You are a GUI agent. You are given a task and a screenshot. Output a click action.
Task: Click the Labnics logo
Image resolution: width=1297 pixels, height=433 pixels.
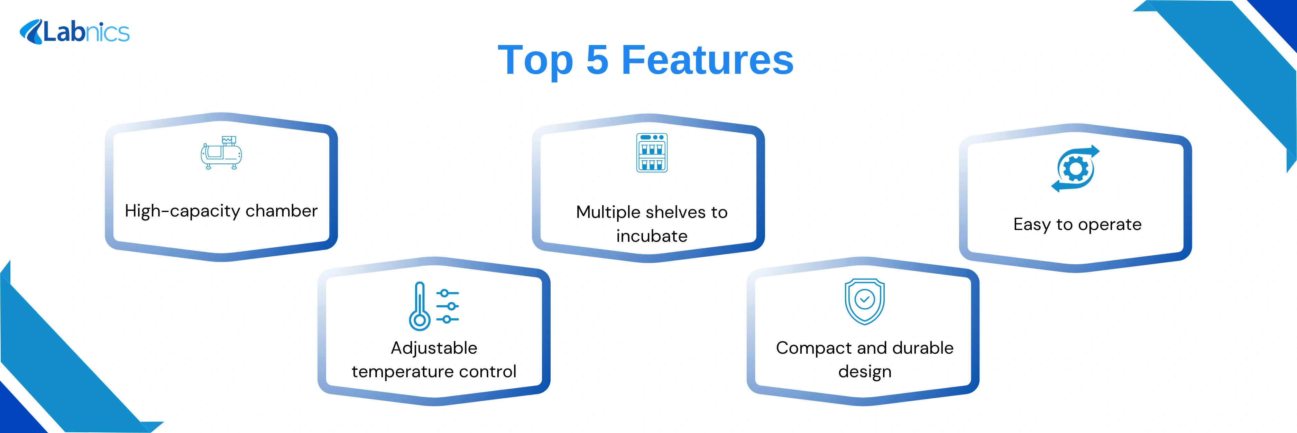pos(74,32)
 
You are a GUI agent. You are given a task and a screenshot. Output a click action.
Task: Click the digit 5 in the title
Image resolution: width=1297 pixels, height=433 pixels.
pos(597,60)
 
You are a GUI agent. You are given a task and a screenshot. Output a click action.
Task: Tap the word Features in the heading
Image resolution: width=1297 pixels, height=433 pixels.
pos(707,60)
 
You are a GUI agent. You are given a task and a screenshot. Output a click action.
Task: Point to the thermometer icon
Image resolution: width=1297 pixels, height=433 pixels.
pos(420,306)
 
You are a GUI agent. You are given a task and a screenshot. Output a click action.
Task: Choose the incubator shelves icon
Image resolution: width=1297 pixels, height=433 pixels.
pos(652,153)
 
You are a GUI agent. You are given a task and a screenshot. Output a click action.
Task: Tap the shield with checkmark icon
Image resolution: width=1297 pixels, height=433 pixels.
pos(865,301)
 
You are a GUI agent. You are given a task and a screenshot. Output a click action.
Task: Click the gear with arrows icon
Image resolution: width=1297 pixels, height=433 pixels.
pos(1075,168)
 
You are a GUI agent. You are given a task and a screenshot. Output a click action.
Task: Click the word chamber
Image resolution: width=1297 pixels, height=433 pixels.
pos(282,210)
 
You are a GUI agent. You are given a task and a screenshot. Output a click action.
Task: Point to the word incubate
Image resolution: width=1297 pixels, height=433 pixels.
pos(652,236)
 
